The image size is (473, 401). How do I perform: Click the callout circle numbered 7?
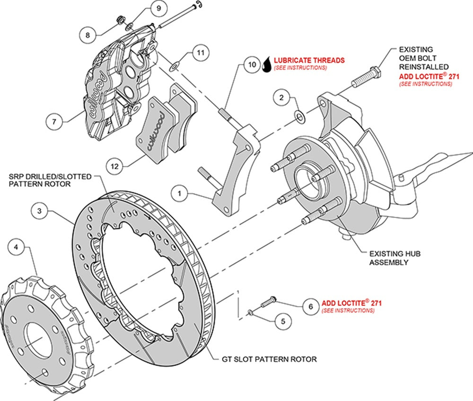pos(54,121)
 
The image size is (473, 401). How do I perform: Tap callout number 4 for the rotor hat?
pos(17,247)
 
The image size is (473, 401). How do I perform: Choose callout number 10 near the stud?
pos(252,64)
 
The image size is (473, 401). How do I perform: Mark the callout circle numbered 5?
pos(283,321)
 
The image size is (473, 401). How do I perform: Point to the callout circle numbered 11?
pos(201,53)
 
